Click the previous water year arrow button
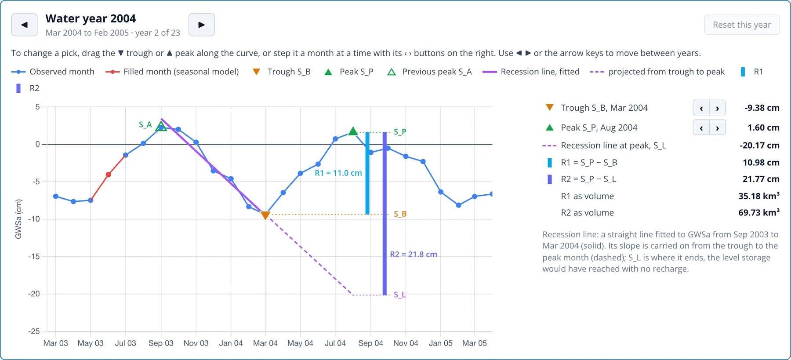(24, 25)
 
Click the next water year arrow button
(201, 25)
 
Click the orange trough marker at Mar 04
(265, 215)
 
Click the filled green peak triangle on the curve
(353, 131)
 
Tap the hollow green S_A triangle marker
(161, 127)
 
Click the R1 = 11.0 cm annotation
(338, 173)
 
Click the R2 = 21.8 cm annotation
(414, 255)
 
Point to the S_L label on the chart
(399, 295)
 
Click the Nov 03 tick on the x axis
(196, 343)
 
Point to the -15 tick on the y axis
(34, 256)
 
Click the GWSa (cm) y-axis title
(18, 219)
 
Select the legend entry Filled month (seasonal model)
(172, 72)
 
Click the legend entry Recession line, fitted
(531, 72)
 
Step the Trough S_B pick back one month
(701, 108)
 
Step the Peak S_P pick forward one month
(717, 128)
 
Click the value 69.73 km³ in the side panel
(759, 213)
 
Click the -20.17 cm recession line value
(759, 145)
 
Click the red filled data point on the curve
(108, 175)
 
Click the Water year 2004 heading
(91, 18)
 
